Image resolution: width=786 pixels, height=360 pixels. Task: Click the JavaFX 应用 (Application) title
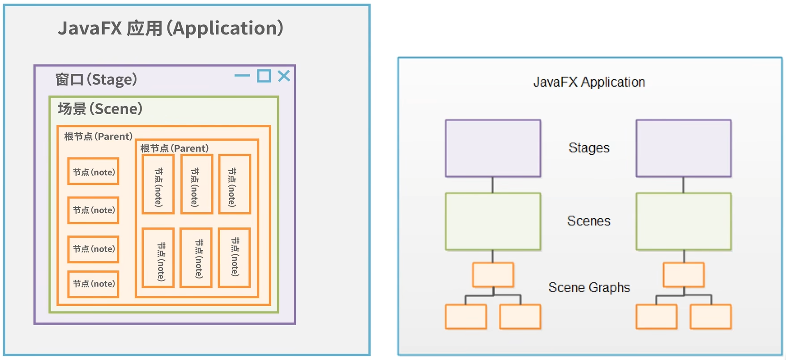pyautogui.click(x=170, y=28)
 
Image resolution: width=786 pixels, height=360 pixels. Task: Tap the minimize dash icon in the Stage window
pyautogui.click(x=242, y=76)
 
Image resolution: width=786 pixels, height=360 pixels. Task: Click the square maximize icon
pyautogui.click(x=264, y=76)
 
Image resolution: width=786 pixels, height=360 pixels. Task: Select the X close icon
pyautogui.click(x=284, y=76)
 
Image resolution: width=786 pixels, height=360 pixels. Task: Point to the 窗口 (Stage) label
pyautogui.click(x=96, y=80)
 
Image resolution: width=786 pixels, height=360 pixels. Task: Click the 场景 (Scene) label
pyautogui.click(x=100, y=109)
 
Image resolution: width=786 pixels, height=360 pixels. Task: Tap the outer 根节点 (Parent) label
pyautogui.click(x=98, y=136)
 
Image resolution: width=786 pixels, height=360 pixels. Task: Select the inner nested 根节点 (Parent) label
pyautogui.click(x=174, y=148)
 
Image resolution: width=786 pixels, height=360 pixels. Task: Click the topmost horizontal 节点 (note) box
pyautogui.click(x=93, y=171)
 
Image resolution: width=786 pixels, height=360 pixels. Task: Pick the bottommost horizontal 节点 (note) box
pyautogui.click(x=93, y=283)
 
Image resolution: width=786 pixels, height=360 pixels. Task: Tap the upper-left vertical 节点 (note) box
pyautogui.click(x=158, y=184)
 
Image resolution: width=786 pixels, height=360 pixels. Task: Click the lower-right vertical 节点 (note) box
pyautogui.click(x=234, y=257)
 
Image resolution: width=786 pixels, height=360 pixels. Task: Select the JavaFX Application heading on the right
pyautogui.click(x=589, y=82)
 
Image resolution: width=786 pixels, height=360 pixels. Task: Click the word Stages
pyautogui.click(x=589, y=148)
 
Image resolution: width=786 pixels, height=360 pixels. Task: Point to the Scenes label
pyautogui.click(x=589, y=221)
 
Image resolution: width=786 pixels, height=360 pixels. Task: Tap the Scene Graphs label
pyautogui.click(x=589, y=287)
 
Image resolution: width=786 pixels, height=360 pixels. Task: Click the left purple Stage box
pyautogui.click(x=493, y=148)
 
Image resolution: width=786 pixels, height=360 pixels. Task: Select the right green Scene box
pyautogui.click(x=683, y=222)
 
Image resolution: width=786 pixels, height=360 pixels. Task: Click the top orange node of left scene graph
pyautogui.click(x=493, y=275)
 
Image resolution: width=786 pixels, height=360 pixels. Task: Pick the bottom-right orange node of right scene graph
pyautogui.click(x=710, y=317)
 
